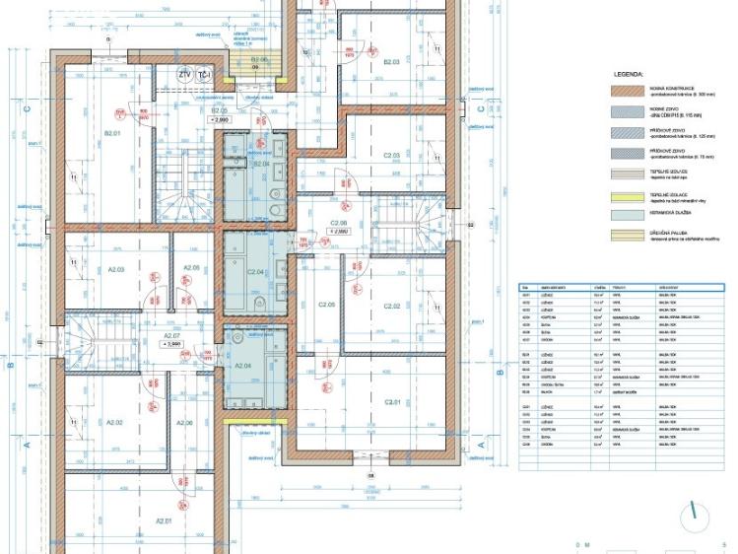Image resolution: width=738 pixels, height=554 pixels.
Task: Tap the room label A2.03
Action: [x=114, y=268]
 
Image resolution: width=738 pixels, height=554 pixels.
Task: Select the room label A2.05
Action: [x=191, y=268]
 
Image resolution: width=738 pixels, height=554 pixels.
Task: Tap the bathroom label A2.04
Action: [x=243, y=365]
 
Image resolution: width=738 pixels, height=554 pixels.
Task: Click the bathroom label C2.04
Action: [x=255, y=272]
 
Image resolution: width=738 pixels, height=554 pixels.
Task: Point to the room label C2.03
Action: [x=391, y=155]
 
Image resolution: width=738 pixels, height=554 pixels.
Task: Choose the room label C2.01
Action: [x=393, y=402]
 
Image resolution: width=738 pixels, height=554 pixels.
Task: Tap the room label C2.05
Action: [x=325, y=306]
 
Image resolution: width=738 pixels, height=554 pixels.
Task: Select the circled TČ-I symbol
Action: [x=205, y=75]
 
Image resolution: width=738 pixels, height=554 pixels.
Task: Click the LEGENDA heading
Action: [x=628, y=74]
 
